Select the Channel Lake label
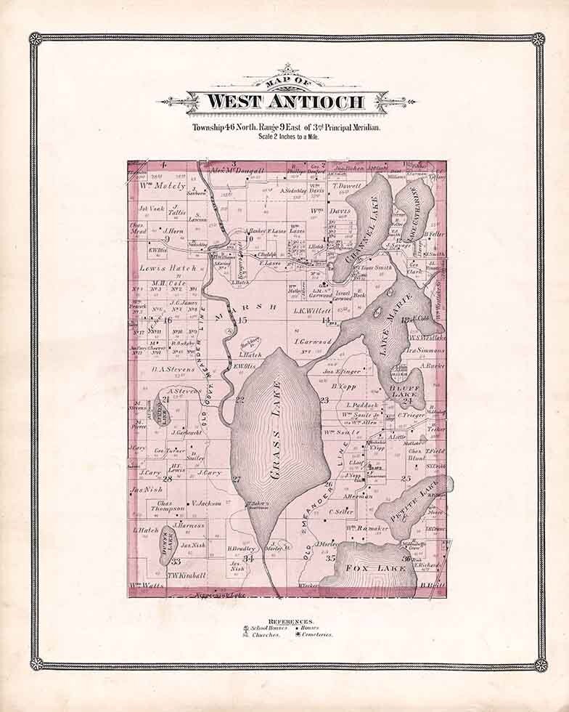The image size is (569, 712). click(x=363, y=230)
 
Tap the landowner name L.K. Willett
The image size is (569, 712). click(x=312, y=310)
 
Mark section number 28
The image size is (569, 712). click(x=167, y=479)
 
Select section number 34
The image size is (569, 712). click(x=248, y=558)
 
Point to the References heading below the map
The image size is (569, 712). click(x=290, y=622)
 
